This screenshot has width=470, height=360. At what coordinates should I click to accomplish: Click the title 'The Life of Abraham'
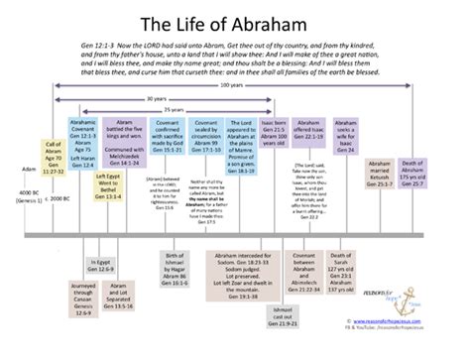point(234,19)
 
